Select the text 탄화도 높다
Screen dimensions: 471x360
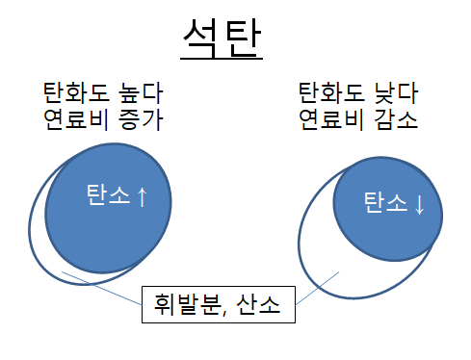coord(103,94)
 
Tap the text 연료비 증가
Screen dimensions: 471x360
coord(103,122)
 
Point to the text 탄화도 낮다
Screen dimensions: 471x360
coord(356,94)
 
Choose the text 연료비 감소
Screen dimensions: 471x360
coord(356,122)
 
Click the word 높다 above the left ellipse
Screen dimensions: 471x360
coord(140,94)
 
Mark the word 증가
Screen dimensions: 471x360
coord(140,122)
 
